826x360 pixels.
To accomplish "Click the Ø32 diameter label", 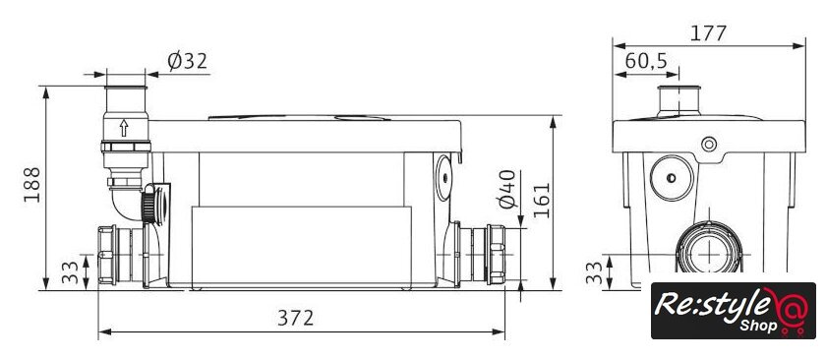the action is coord(188,62).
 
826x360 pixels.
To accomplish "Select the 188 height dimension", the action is coord(31,184).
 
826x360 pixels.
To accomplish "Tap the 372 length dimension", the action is coord(296,318).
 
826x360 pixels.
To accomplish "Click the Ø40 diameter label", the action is coord(508,189).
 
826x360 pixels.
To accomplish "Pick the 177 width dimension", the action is coord(709,33).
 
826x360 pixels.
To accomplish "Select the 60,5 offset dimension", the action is coord(646,62).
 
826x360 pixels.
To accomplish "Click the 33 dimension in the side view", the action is coord(594,273).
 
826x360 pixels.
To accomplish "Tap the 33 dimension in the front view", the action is coord(70,273).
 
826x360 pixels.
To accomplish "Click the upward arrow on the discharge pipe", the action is coord(124,128).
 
